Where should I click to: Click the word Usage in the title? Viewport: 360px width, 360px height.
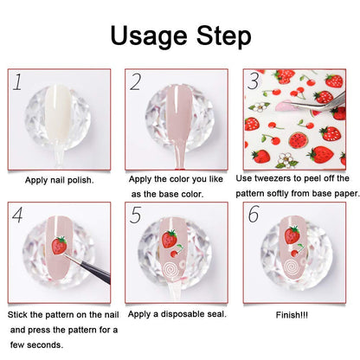(x=149, y=36)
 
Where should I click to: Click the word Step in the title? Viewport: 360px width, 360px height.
(x=224, y=36)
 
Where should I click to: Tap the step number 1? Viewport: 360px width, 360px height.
(x=18, y=82)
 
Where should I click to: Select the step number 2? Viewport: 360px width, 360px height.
(x=136, y=82)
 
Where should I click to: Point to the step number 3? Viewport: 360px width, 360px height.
(x=254, y=81)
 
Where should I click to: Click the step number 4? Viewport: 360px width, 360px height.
(x=17, y=215)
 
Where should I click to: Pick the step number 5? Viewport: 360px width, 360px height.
(x=136, y=215)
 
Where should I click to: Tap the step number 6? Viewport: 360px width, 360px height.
(x=254, y=214)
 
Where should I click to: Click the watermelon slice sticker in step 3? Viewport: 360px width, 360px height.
(x=298, y=140)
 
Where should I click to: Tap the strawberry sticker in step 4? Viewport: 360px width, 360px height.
(x=59, y=245)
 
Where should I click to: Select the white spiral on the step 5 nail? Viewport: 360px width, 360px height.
(x=170, y=270)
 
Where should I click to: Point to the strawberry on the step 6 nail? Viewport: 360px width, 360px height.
(x=292, y=235)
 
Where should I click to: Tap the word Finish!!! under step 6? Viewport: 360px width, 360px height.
(x=292, y=315)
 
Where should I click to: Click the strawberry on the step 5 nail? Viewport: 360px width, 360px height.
(x=169, y=239)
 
